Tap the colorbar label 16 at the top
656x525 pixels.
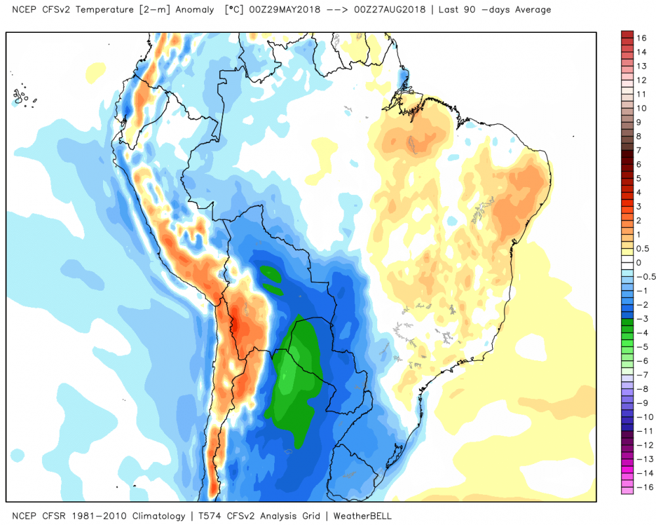[640, 38]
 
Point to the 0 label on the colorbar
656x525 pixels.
[638, 262]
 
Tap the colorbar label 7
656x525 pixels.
[638, 151]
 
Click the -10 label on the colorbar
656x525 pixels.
[642, 417]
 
